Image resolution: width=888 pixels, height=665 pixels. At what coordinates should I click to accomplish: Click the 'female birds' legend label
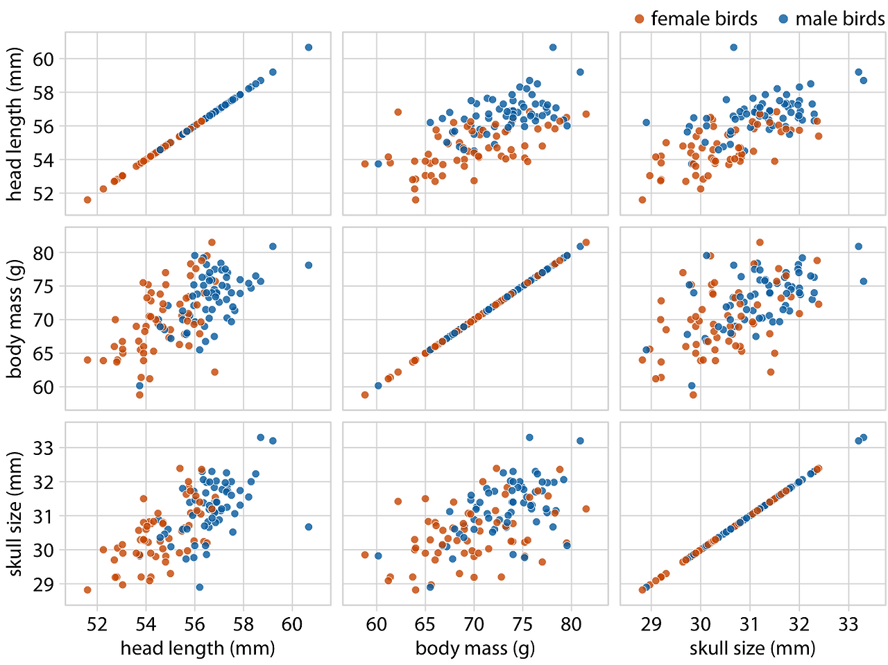pyautogui.click(x=703, y=19)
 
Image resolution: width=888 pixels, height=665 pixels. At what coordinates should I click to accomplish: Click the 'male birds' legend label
pyautogui.click(x=839, y=19)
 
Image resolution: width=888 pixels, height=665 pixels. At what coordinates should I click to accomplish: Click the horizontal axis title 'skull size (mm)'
pyautogui.click(x=753, y=648)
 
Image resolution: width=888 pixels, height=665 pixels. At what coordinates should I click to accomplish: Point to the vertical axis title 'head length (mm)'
pyautogui.click(x=15, y=124)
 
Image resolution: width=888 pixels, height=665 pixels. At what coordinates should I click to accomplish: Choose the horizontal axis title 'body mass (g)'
pyautogui.click(x=475, y=648)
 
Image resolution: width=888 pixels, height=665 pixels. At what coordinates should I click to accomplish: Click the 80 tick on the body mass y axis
pyautogui.click(x=44, y=253)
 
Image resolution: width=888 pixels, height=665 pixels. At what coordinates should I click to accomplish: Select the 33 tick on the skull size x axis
pyautogui.click(x=848, y=624)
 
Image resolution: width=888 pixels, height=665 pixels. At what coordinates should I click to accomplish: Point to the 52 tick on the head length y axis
pyautogui.click(x=44, y=193)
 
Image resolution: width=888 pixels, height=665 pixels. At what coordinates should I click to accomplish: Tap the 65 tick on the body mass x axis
pyautogui.click(x=425, y=624)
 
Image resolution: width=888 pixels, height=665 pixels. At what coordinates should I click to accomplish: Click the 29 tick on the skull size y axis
pyautogui.click(x=44, y=584)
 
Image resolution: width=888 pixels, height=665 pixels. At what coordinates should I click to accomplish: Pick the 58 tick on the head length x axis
pyautogui.click(x=244, y=624)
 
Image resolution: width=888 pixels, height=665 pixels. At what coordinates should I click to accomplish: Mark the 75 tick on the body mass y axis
pyautogui.click(x=44, y=286)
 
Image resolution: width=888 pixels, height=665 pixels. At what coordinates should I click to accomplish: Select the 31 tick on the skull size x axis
pyautogui.click(x=750, y=624)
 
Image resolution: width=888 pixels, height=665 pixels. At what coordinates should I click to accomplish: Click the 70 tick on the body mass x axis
pyautogui.click(x=474, y=624)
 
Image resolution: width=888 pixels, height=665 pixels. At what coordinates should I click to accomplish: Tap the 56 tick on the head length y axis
pyautogui.click(x=44, y=126)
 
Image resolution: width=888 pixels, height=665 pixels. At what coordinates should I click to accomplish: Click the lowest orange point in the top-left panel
pyautogui.click(x=87, y=200)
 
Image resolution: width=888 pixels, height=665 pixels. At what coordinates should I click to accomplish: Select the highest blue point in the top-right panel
pyautogui.click(x=733, y=47)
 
